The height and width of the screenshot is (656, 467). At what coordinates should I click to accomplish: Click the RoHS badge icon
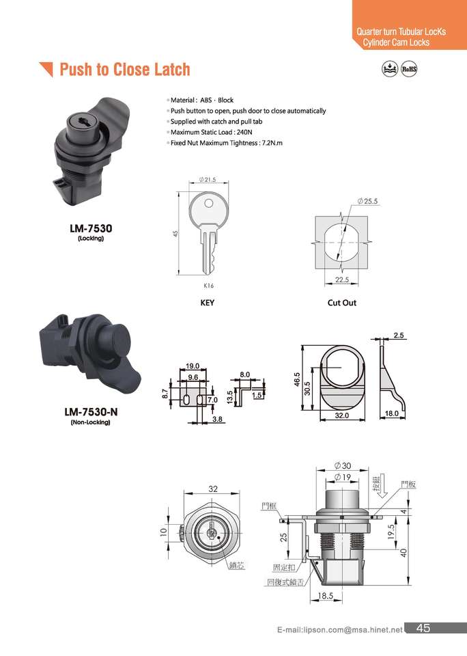coord(409,69)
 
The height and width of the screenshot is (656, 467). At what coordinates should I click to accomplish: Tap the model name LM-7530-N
coord(91,412)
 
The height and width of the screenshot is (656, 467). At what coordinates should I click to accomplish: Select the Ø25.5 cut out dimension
coord(367,201)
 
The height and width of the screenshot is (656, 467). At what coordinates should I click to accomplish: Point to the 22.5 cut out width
coord(341,279)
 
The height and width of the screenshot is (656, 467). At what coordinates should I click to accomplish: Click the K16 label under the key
coord(209,286)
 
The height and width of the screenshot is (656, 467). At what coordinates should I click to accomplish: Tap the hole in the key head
coord(208,204)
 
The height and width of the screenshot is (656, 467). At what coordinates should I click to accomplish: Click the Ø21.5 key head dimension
coord(208,180)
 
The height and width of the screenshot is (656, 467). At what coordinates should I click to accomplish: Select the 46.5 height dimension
coord(297,379)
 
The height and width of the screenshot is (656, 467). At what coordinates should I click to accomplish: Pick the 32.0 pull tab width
coord(341,415)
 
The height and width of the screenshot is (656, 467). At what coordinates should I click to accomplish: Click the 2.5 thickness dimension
coord(399,336)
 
